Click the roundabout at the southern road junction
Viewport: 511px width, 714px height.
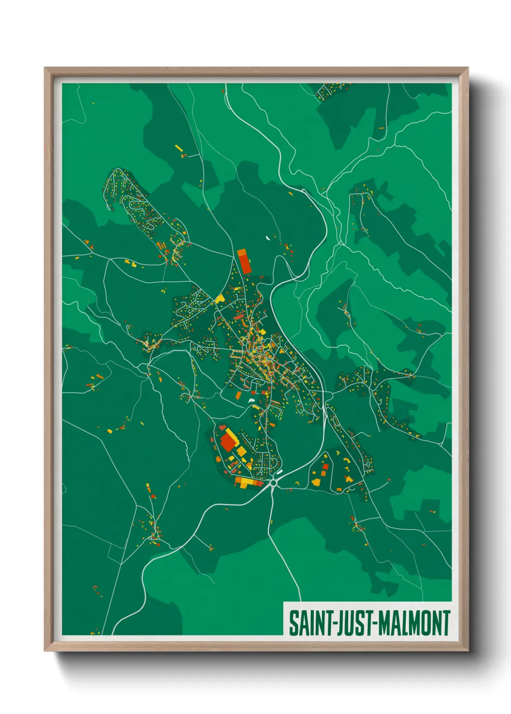(274, 481)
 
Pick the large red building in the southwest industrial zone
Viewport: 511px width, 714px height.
(227, 442)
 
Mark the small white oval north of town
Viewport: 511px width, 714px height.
(267, 237)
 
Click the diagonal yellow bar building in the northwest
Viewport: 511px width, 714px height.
(178, 148)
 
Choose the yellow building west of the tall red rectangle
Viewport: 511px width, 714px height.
(220, 299)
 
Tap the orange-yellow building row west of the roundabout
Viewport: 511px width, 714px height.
(247, 481)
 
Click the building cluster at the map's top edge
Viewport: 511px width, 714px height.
(332, 90)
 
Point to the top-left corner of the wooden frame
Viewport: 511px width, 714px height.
(45, 69)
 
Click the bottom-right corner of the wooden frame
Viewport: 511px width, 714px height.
(468, 650)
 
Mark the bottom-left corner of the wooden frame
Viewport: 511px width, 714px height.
(45, 650)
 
